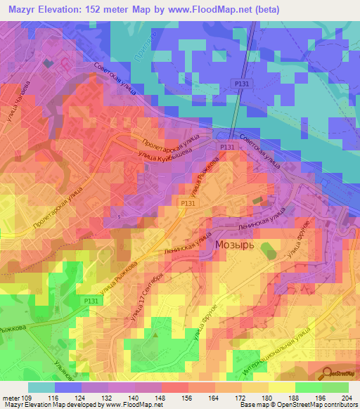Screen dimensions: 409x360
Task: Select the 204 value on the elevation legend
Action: (345, 398)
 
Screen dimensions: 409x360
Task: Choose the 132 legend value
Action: (108, 398)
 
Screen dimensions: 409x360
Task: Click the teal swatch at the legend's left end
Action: (41, 387)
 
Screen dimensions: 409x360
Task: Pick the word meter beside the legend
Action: (10, 398)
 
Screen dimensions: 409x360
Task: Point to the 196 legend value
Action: (319, 398)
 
